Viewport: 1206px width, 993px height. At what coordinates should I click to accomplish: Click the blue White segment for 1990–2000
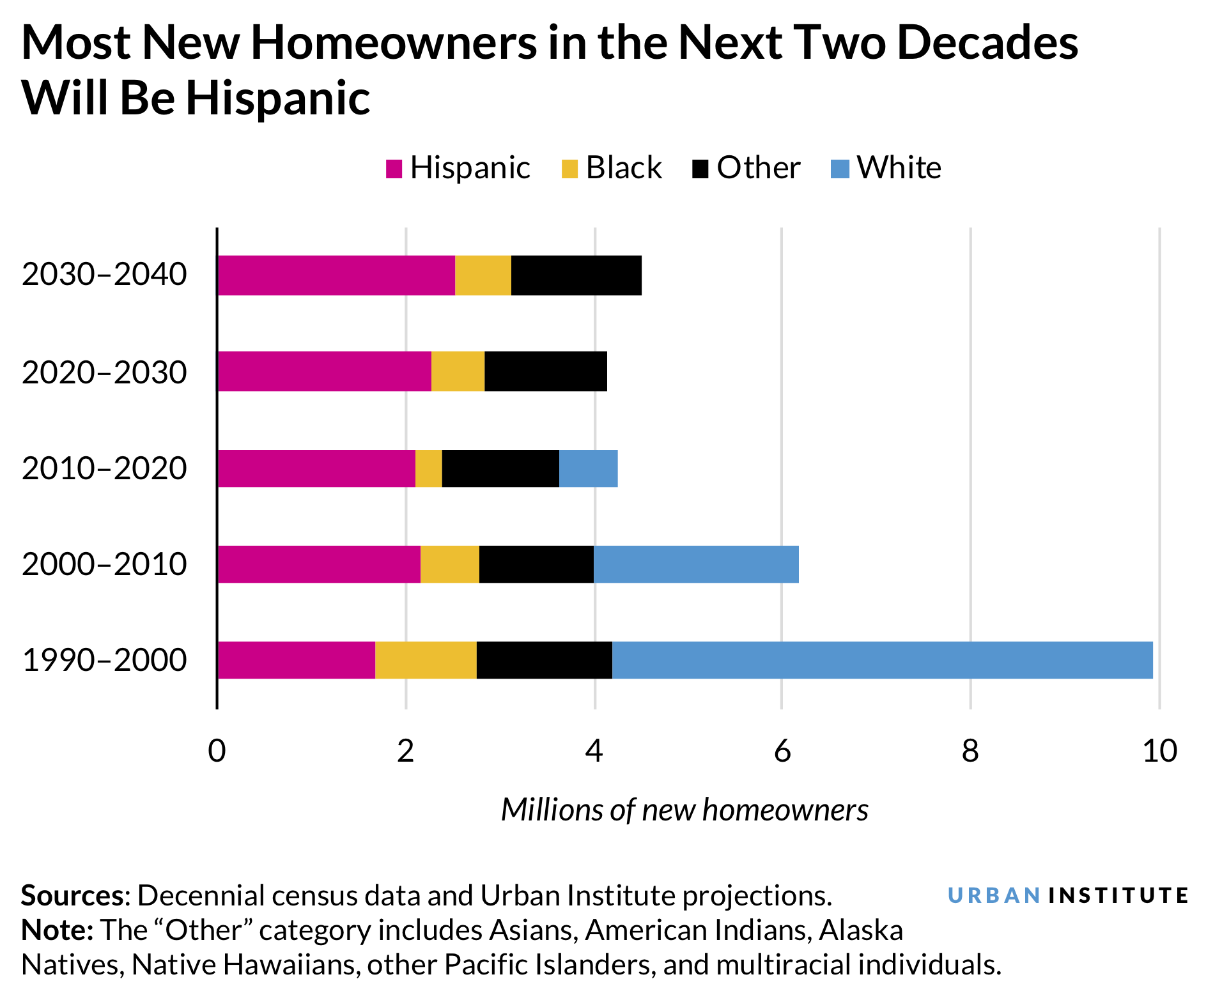tap(882, 660)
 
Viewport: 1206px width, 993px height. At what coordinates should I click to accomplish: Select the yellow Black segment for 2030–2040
tap(483, 275)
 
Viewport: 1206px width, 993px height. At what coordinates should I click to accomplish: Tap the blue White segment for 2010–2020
tap(588, 468)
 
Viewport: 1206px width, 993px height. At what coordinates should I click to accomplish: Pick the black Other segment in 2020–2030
tap(545, 371)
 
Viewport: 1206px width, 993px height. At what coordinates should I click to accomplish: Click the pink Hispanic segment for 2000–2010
tap(318, 564)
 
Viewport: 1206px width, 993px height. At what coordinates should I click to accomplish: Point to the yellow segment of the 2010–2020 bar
tap(428, 468)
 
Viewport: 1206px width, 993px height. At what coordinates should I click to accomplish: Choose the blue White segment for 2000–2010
tap(695, 564)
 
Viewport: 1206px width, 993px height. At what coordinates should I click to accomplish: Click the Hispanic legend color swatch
tap(394, 169)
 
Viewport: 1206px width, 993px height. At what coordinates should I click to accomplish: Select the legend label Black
tap(623, 168)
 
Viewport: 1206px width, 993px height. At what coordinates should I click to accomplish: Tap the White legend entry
tap(898, 168)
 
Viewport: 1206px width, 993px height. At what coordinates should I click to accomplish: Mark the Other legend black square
tap(700, 169)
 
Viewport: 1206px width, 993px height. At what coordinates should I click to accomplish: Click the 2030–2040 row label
tap(104, 275)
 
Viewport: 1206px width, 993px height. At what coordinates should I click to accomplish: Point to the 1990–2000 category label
tap(104, 660)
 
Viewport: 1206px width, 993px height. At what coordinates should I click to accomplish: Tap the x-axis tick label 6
tap(782, 751)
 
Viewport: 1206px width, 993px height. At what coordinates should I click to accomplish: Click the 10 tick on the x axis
tap(1159, 751)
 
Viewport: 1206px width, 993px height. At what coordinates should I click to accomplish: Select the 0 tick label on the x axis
tap(217, 751)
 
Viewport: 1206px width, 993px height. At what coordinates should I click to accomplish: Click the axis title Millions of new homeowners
tap(684, 810)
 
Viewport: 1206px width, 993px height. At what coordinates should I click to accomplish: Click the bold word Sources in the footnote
tap(72, 896)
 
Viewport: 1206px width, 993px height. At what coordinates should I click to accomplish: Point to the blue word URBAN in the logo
tap(994, 895)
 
